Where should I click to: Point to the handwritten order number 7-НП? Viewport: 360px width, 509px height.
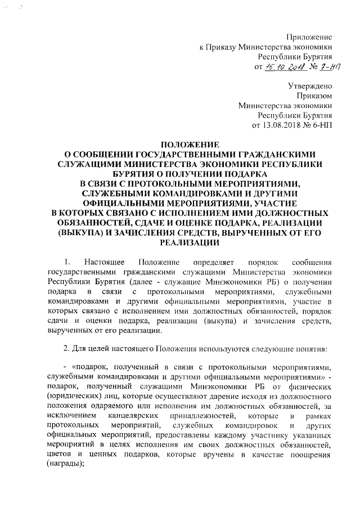[322, 68]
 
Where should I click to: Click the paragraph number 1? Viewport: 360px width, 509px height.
[67, 263]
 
